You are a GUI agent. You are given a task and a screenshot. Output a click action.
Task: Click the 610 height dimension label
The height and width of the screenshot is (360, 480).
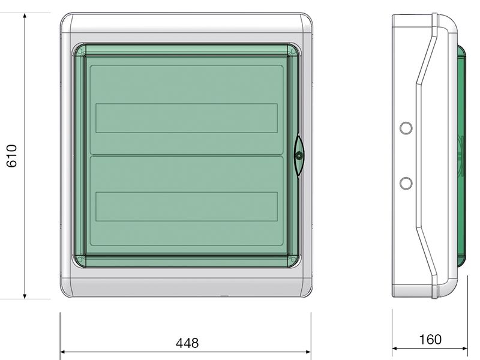tap(11, 156)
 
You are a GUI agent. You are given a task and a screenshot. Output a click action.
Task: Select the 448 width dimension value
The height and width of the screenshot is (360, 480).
tap(187, 343)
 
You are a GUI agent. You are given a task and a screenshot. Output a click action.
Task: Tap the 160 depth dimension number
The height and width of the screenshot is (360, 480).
tap(430, 340)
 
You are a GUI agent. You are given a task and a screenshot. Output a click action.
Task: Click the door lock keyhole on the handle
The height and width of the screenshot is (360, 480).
tap(299, 156)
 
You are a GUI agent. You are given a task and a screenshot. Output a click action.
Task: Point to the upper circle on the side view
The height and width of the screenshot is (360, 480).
tap(406, 128)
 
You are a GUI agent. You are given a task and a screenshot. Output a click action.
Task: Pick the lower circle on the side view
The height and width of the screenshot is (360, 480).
tap(406, 183)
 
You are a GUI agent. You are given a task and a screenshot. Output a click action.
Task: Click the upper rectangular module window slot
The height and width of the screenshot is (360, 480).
tap(187, 118)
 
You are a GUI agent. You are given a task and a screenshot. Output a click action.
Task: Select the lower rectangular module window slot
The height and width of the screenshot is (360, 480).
tap(187, 206)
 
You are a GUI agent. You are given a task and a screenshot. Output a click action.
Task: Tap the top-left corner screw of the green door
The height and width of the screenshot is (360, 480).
tap(80, 52)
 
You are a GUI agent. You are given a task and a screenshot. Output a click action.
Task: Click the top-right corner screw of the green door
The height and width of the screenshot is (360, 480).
tap(293, 52)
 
